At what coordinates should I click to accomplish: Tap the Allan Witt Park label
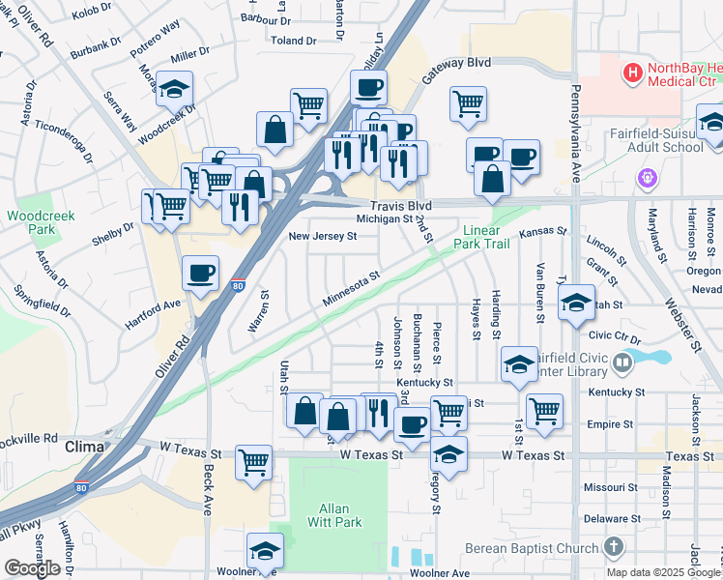(x=340, y=515)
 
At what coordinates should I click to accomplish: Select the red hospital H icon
(x=632, y=72)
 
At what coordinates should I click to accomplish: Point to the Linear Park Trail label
(x=485, y=237)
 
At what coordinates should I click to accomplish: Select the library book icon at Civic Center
(x=623, y=364)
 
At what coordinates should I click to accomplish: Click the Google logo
(x=32, y=568)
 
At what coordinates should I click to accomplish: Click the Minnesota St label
(x=352, y=291)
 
